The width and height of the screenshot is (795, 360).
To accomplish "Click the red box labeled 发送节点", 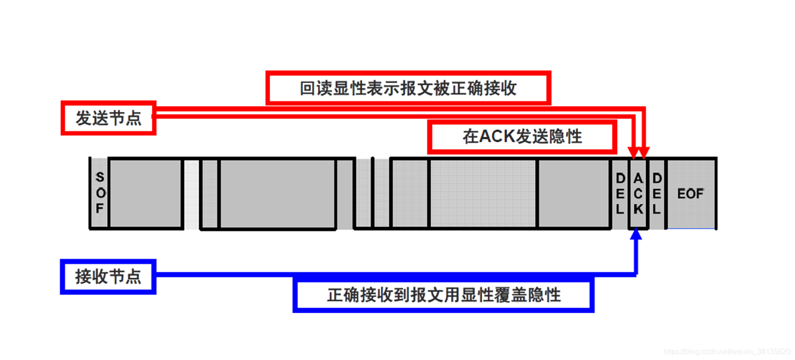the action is point(108,118).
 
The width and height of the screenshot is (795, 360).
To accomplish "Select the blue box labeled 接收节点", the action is point(108,277).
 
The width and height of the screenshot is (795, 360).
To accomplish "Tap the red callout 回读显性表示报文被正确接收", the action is point(408,88).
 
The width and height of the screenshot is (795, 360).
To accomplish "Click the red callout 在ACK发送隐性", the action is point(522,137).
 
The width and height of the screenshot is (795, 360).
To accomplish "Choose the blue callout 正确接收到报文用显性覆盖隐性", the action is point(443,295).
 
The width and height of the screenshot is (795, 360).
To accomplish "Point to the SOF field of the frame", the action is point(100,193).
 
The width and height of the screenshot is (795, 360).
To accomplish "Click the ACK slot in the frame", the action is point(638,193).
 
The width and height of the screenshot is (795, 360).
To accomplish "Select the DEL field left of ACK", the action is point(620,193).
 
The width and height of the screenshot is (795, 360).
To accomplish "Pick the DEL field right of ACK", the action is point(657,193).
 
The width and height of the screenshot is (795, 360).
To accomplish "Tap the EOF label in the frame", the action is point(690,193).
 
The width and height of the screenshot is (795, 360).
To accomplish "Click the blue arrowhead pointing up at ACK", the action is point(636,234).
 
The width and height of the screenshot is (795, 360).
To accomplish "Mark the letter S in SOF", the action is point(100,177).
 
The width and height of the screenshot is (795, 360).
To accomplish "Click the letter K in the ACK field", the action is point(638,209).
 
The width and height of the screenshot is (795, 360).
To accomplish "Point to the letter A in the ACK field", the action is point(638,178).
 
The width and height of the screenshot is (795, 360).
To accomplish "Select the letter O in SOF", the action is point(100,193).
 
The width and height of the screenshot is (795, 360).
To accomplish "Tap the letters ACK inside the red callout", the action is point(498,137).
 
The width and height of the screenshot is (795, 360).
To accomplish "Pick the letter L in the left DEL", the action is point(620,209).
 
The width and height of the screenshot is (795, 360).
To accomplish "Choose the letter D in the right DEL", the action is point(657,178).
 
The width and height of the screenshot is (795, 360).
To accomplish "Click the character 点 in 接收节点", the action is point(133,277).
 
